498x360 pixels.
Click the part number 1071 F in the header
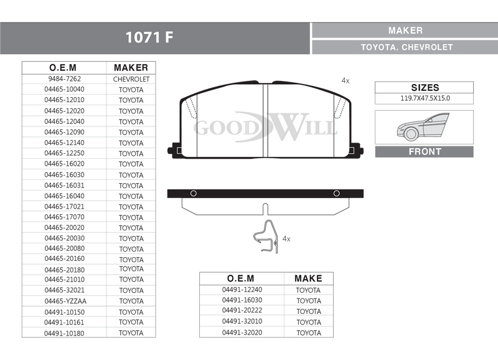tap(149, 37)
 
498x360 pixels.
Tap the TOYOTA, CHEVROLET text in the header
tap(406, 47)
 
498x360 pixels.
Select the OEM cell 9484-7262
tap(65, 79)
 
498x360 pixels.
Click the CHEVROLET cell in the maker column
tap(131, 79)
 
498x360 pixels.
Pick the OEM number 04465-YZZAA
tap(65, 301)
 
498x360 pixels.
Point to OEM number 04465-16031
tap(65, 185)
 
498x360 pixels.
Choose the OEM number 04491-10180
tap(64, 333)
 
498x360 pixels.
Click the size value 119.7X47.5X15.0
tap(425, 98)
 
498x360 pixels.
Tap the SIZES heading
tap(425, 87)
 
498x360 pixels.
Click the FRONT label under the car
tap(425, 151)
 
